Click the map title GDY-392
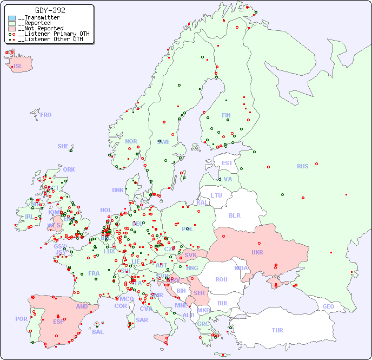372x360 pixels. [50, 10]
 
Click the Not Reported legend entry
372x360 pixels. [41, 28]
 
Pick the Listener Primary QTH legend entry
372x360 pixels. [50, 34]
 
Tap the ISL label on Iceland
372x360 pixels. [18, 67]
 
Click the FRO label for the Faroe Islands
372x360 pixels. [46, 115]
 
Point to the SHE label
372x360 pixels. [63, 146]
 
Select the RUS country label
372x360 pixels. [302, 166]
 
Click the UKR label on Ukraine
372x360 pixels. [257, 252]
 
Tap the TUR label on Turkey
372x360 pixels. [277, 330]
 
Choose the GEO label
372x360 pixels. [328, 306]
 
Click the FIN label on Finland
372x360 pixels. [226, 115]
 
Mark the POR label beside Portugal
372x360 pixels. [21, 319]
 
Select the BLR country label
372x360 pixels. [234, 215]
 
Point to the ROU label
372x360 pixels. [221, 279]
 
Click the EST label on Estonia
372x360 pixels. [227, 163]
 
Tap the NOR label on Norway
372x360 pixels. [131, 141]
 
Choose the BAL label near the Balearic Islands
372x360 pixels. [97, 332]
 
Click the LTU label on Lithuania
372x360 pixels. [216, 195]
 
